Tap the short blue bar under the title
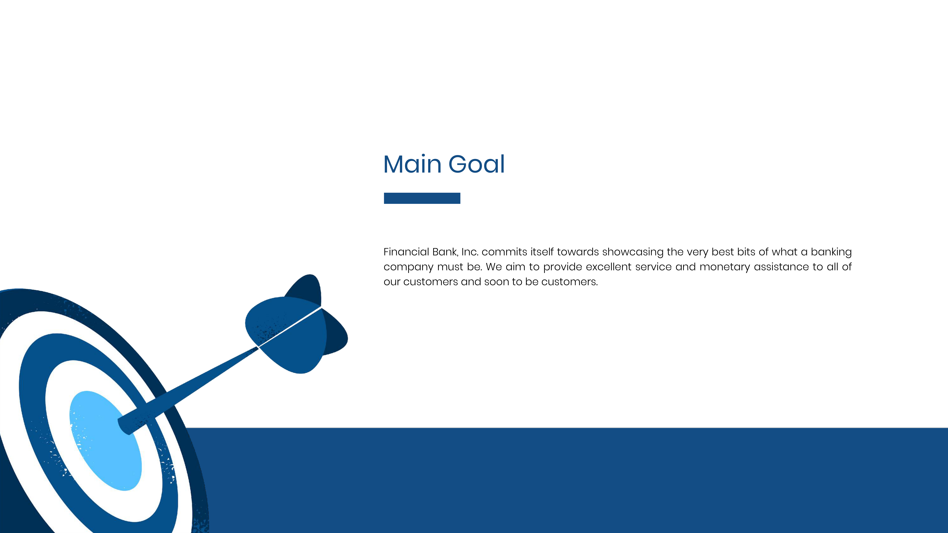(x=422, y=198)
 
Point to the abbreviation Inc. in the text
(x=470, y=252)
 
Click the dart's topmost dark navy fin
(x=305, y=289)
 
